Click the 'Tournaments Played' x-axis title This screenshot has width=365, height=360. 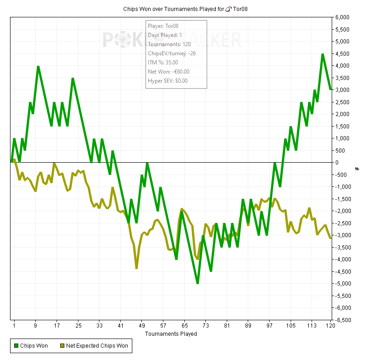click(x=171, y=334)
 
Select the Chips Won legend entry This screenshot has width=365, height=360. click(x=32, y=346)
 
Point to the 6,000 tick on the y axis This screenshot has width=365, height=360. click(x=342, y=17)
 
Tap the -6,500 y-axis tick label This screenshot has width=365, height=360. click(x=341, y=320)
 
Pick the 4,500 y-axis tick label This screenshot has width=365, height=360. click(x=342, y=53)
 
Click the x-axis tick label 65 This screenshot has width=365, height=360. click(x=184, y=326)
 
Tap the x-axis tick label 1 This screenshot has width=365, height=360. click(x=14, y=326)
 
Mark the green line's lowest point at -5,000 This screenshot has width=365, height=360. click(x=198, y=283)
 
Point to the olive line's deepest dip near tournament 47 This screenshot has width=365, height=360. click(x=136, y=268)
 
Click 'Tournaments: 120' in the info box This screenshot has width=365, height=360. click(x=167, y=44)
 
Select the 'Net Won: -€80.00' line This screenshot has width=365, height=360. click(x=168, y=72)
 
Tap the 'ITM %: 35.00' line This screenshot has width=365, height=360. click(x=163, y=63)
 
